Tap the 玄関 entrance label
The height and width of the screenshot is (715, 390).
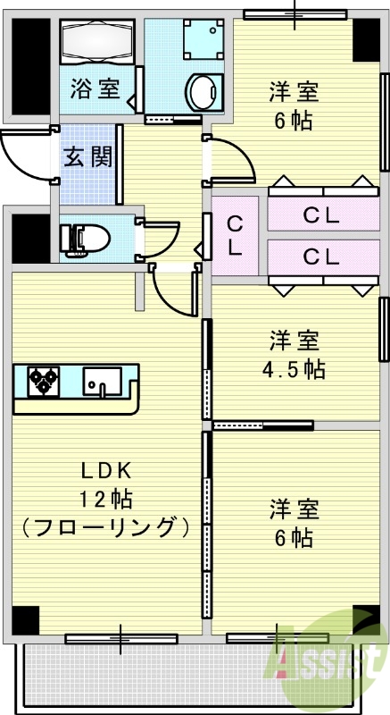87,157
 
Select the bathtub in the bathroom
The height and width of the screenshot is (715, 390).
96,41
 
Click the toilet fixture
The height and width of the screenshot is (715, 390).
85,239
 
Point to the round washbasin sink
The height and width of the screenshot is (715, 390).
202,89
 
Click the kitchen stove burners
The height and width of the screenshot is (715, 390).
41,382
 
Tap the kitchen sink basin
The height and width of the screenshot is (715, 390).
100,382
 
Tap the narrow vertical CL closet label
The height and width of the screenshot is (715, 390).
234,235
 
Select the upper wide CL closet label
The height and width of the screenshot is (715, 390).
321,214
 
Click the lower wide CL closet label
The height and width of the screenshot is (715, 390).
321,257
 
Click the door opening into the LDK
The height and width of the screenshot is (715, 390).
174,290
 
